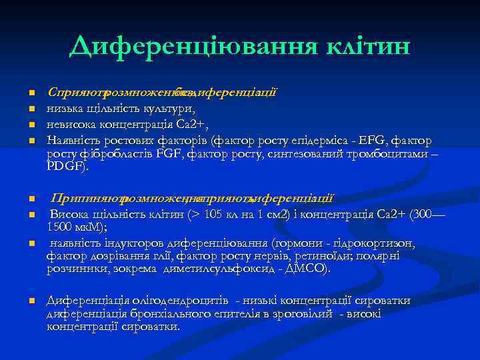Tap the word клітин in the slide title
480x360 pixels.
[x=363, y=46]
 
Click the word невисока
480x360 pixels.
[x=71, y=125]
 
